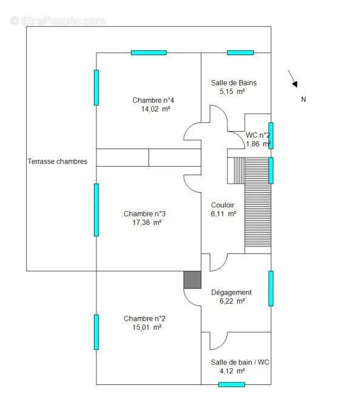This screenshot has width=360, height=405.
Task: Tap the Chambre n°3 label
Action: coord(144,213)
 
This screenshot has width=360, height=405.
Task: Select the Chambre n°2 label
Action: coord(144,318)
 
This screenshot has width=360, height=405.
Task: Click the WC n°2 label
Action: coord(257,135)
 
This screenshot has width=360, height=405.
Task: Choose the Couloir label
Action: coord(222,205)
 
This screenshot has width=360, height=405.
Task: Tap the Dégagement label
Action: coord(231,292)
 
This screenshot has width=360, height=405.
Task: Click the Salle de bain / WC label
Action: coord(240,362)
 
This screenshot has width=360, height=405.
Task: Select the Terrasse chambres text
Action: coord(58,161)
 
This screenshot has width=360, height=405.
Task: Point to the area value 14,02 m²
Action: coord(155,109)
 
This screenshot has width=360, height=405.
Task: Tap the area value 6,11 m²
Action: coord(224,213)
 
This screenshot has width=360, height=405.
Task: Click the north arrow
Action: coord(293,78)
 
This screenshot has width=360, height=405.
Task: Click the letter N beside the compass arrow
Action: coord(304,99)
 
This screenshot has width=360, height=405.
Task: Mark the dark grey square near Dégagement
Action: coord(192,279)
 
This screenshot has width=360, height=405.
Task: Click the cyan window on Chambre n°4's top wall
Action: coord(148,53)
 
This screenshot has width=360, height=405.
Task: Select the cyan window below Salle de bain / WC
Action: coord(232,384)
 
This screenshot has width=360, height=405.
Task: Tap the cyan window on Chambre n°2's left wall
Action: coord(96,332)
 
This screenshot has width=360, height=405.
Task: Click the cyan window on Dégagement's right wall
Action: coord(271,288)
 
